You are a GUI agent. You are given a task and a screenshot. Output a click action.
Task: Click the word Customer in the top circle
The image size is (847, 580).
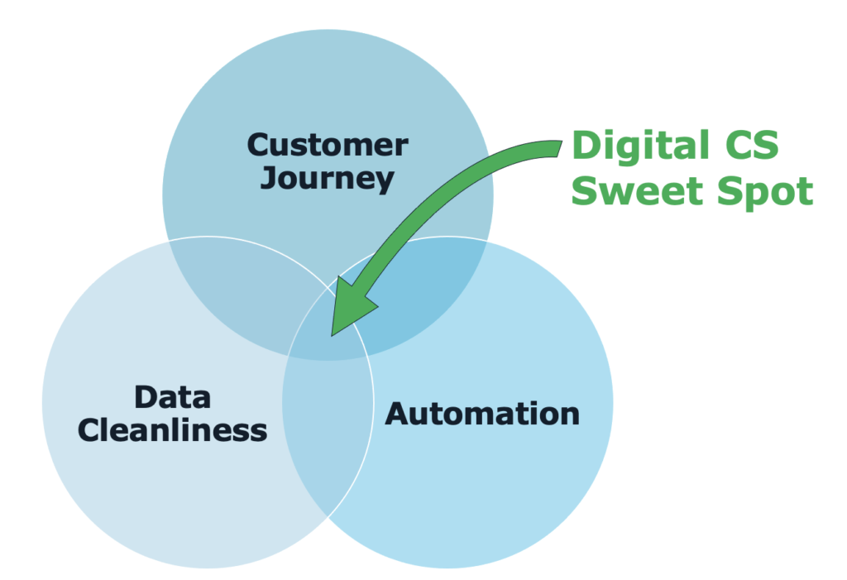coord(328,146)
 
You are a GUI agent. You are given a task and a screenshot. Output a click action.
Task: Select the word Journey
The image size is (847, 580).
coord(328,179)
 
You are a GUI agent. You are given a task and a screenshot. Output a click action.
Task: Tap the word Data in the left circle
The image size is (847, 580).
coord(173,397)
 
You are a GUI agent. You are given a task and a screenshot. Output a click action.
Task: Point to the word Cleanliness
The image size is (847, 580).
coord(173,430)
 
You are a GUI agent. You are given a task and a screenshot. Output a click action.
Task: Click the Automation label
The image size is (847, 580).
coord(482,413)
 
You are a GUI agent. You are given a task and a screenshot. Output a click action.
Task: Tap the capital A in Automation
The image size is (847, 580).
coord(398,413)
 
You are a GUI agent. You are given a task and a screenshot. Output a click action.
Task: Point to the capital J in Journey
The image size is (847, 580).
coord(268,177)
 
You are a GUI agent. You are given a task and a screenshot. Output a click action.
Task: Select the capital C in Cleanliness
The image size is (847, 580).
coord(90,430)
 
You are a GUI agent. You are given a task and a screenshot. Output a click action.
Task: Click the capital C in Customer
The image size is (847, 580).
coord(259,146)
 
